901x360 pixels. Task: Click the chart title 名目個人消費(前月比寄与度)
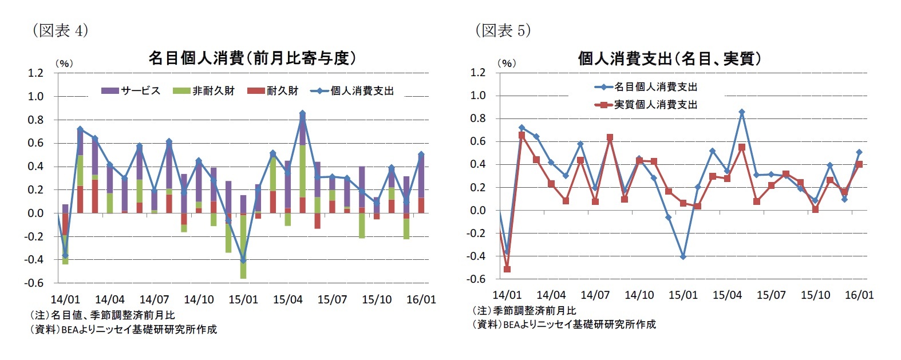[x=252, y=58]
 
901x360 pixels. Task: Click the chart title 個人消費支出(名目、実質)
[x=669, y=58]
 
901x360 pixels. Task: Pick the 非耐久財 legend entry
[x=204, y=90]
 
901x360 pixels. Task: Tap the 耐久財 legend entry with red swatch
[x=274, y=90]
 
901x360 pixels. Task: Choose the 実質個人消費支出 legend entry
[x=646, y=105]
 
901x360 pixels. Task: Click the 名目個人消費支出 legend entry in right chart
[x=646, y=87]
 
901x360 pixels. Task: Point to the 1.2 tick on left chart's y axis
[x=35, y=73]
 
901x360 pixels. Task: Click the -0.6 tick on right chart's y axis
[x=477, y=279]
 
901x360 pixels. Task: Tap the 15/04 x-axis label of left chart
[x=287, y=299]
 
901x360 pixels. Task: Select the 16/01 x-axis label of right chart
[x=859, y=295]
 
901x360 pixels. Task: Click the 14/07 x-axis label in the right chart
[x=595, y=295]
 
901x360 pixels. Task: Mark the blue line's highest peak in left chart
[x=302, y=113]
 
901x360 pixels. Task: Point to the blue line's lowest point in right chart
[x=683, y=256]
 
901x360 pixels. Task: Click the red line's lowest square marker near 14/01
[x=507, y=269]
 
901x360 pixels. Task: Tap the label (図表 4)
[x=60, y=30]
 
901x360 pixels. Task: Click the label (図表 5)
[x=503, y=30]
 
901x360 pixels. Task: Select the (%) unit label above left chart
[x=64, y=64]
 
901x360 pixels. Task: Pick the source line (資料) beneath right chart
[x=564, y=325]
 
